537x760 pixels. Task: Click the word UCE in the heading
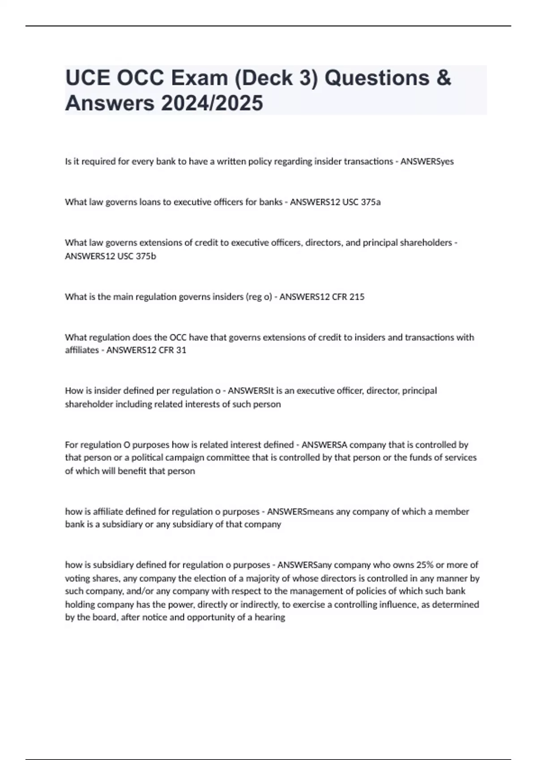[x=87, y=78]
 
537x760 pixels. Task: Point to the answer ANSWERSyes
[x=427, y=161]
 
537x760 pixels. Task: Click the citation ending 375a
[x=361, y=202]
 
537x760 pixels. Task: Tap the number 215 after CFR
[x=357, y=297]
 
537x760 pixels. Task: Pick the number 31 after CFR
[x=181, y=350]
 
